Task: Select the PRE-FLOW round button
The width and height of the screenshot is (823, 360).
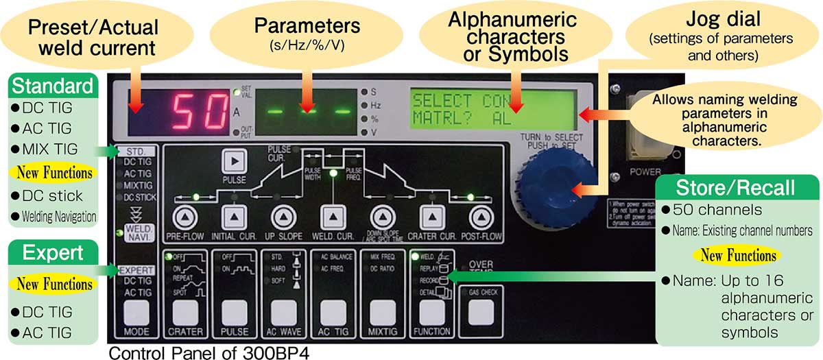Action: pos(182,217)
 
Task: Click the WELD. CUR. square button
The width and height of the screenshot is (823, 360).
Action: pos(332,217)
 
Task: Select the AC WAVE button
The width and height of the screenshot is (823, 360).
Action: pos(283,315)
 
